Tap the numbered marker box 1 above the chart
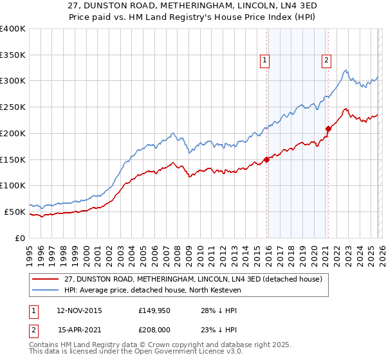pos(264,60)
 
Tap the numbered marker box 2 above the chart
pos(326,60)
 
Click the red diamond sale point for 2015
pos(267,159)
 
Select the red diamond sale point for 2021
pos(328,129)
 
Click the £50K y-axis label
pos(15,212)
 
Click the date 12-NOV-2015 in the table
pos(79,310)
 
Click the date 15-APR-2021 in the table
pos(78,331)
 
